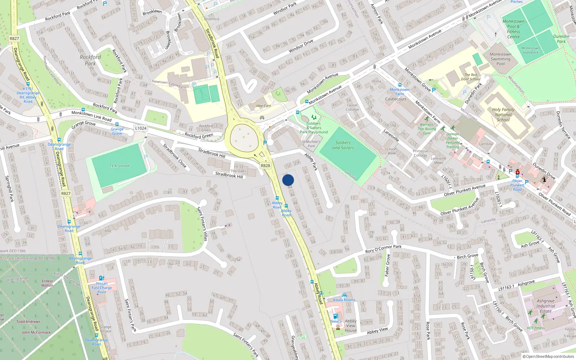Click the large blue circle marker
pos(288,180)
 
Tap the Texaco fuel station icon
pos(336,316)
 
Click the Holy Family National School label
pos(503,114)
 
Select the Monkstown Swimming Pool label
pos(500,59)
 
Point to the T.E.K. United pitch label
pos(119,166)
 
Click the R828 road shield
pos(265,166)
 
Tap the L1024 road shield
pos(141,128)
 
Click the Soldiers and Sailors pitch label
pos(343,145)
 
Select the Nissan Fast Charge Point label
pos(102,288)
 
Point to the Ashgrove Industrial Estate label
pos(545,306)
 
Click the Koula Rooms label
pos(344,300)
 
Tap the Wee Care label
pos(264,106)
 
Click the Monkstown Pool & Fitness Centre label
pos(513,29)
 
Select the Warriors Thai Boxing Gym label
pos(427,129)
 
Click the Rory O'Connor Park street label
pos(383,249)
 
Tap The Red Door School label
pos(471,77)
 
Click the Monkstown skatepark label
pos(530,50)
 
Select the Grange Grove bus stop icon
pos(117,124)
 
